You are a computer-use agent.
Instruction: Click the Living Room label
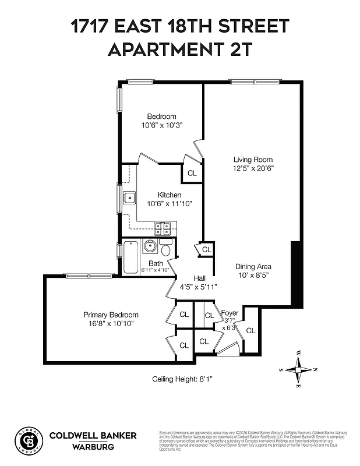[253, 160]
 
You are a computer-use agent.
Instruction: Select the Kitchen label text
[169, 195]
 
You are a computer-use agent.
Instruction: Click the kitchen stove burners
[162, 227]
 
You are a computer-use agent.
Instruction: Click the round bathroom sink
[150, 245]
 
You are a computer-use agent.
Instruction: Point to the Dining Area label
[253, 266]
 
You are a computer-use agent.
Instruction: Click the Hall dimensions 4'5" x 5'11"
[198, 287]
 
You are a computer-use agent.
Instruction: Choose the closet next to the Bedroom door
[192, 173]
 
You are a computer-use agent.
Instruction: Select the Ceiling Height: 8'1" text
[182, 379]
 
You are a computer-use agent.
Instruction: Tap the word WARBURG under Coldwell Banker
[91, 447]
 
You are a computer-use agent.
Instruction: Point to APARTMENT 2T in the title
[180, 50]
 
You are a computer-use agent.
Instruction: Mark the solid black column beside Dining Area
[297, 274]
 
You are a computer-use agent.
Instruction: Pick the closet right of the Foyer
[250, 330]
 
